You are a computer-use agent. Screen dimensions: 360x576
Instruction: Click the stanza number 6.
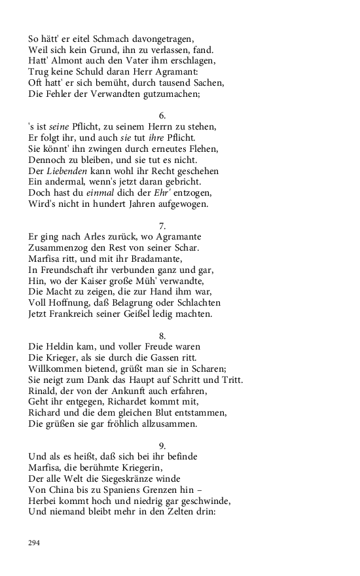click(x=162, y=115)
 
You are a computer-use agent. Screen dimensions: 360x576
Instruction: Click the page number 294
click(x=35, y=543)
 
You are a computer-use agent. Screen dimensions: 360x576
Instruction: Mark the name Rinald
click(x=43, y=391)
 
